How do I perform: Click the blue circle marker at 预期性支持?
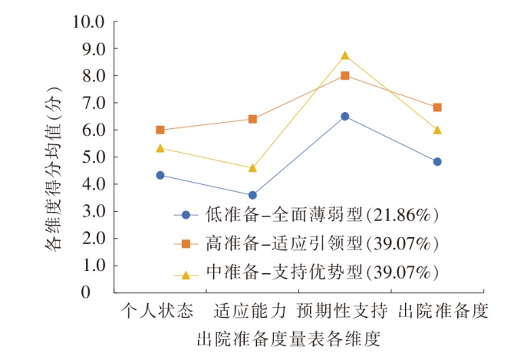[345, 116]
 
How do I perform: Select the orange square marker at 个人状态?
[160, 130]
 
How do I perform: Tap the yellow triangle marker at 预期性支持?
[345, 56]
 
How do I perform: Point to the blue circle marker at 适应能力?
[252, 195]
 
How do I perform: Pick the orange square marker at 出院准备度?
[437, 107]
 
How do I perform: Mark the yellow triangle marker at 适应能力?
[252, 167]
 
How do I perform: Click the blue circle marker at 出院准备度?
[437, 162]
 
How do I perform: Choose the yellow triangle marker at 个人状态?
[160, 148]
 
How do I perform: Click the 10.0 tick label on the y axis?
[87, 22]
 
